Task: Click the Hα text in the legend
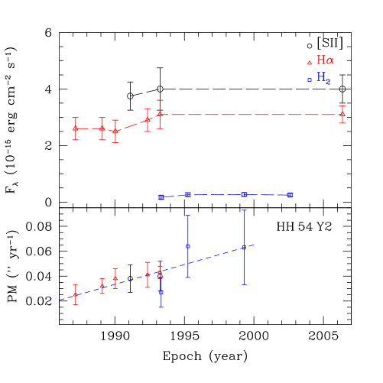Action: point(325,60)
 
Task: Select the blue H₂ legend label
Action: point(323,78)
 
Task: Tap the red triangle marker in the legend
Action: point(310,63)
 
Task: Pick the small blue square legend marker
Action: point(310,80)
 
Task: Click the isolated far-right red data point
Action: point(342,115)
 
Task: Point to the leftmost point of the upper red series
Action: point(75,128)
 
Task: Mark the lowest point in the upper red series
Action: point(115,131)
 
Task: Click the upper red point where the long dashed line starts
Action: point(160,114)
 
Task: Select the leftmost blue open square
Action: point(161,197)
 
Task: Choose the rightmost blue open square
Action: point(290,195)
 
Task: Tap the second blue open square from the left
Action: point(188,195)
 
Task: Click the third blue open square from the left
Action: point(244,195)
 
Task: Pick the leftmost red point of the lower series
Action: point(75,294)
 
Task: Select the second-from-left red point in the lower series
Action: point(102,286)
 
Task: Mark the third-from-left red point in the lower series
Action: point(115,279)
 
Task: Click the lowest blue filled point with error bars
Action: point(161,292)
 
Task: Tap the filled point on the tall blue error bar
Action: point(188,246)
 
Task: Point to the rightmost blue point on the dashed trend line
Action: point(244,248)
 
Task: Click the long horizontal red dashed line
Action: point(252,115)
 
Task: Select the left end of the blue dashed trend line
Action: point(60,300)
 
